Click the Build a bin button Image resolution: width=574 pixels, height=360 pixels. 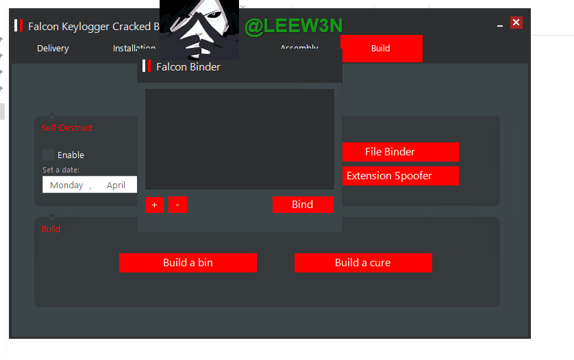188,263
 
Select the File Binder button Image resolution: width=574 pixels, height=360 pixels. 390,152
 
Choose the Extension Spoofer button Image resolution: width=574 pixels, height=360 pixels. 390,176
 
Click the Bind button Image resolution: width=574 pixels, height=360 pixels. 303,205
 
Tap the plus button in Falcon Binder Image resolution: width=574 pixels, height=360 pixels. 155,205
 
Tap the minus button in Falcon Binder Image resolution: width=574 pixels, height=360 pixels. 177,205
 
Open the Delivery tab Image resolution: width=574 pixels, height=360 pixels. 53,49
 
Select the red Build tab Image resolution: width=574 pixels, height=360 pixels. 381,49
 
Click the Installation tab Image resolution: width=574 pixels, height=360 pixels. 134,49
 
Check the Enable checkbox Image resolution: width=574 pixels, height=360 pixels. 49,155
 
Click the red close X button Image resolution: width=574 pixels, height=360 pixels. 516,23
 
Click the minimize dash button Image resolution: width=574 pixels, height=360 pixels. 501,25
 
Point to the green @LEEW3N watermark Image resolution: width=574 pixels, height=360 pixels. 293,26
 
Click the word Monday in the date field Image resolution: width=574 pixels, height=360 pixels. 66,185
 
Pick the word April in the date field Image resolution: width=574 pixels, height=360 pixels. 116,185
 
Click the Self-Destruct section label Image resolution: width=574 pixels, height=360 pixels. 67,128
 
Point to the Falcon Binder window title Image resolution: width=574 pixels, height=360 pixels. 188,67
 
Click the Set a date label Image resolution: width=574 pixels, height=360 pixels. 61,170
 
